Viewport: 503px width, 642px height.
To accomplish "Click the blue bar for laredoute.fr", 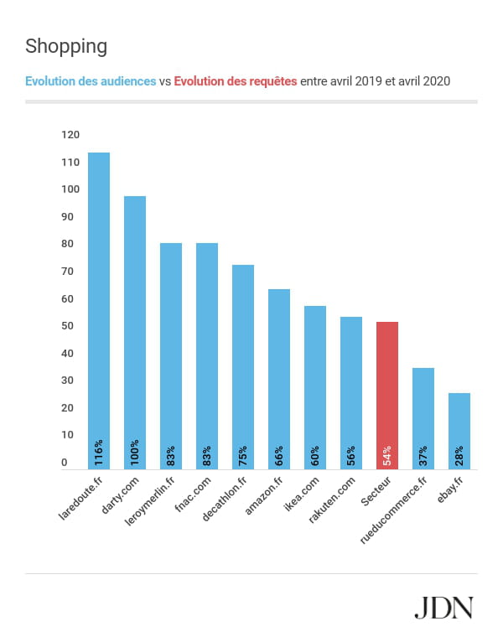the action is [x=99, y=311].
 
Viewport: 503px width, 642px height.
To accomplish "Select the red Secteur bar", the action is [x=387, y=396].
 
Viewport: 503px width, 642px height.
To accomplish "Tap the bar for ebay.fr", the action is [x=459, y=431].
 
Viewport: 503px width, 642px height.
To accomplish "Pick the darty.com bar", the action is [x=135, y=333].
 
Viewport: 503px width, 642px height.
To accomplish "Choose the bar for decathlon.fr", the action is [x=243, y=367].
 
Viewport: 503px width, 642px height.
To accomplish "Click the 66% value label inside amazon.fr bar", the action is [x=279, y=456].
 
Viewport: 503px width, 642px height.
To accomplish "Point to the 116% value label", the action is [x=99, y=453].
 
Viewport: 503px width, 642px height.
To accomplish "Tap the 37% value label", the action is [x=423, y=456].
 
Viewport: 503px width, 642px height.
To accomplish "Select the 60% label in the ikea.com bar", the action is [x=315, y=456].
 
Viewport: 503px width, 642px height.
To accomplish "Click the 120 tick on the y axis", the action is [x=70, y=135].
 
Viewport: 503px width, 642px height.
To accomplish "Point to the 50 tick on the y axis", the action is [x=67, y=326].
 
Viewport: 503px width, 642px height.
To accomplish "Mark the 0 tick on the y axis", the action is [x=65, y=463].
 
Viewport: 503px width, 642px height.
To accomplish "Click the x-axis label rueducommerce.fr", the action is [x=394, y=510].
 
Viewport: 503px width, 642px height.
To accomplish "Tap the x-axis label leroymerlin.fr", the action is [x=150, y=500].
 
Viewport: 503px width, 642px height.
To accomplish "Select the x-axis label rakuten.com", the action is [x=331, y=500].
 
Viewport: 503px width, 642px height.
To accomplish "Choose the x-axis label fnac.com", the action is [x=193, y=494].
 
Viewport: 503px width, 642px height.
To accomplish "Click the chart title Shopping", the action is [x=66, y=46].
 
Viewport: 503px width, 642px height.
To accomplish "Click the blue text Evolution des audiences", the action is [x=91, y=81].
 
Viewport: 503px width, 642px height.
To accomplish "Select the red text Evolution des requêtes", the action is [x=235, y=81].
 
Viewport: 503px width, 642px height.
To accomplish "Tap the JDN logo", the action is [x=444, y=608].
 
